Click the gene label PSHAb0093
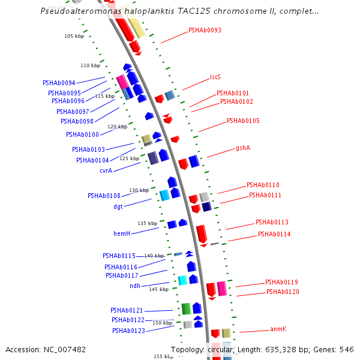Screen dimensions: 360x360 (205, 30)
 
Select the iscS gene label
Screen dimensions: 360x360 (215, 77)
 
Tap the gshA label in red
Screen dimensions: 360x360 (243, 148)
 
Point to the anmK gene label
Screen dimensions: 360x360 (278, 329)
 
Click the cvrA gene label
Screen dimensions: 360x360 (106, 170)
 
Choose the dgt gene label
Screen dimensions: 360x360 (118, 206)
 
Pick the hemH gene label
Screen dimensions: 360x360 (122, 233)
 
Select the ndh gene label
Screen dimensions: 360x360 (135, 286)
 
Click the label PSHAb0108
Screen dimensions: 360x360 (104, 196)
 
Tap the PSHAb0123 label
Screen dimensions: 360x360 (128, 331)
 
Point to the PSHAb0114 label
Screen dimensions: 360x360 (274, 234)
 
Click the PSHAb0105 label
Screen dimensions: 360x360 (243, 121)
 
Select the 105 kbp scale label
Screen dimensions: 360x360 (74, 36)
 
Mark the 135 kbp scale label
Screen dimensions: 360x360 (148, 223)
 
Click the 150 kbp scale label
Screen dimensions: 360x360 (162, 323)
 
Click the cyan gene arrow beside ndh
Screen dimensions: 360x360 (183, 280)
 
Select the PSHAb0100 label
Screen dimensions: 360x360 (83, 134)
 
